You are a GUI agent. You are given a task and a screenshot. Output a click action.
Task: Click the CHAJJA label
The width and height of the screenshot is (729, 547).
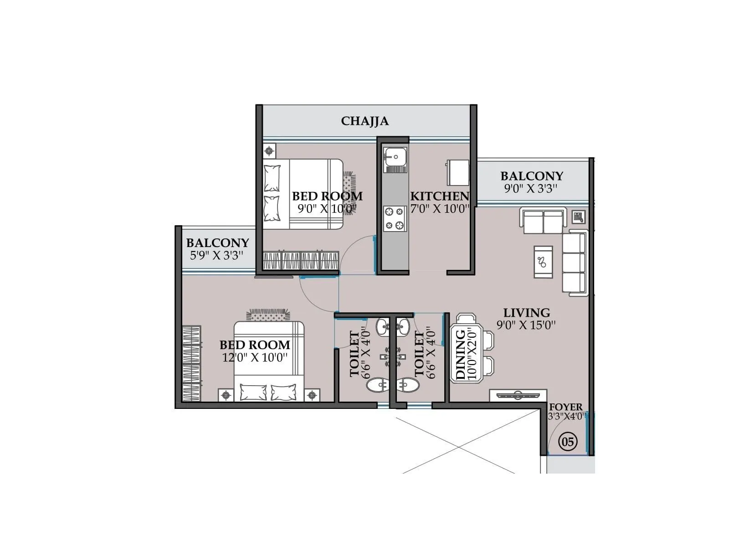pos(364,121)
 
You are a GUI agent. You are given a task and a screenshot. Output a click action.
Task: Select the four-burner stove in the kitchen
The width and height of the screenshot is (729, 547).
pos(395,219)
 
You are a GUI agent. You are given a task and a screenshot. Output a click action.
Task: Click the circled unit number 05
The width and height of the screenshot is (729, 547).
pos(568,441)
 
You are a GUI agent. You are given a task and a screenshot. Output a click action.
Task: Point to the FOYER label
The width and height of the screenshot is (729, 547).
pos(565,407)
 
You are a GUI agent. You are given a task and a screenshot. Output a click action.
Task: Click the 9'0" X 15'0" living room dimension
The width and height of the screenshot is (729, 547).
pos(526,325)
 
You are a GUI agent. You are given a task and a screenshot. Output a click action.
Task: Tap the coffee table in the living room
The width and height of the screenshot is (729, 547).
pos(543,262)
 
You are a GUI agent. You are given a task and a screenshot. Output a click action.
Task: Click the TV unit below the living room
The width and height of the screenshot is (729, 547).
pos(518,395)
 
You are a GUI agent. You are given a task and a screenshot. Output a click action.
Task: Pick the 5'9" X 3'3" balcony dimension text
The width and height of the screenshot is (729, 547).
pos(216,255)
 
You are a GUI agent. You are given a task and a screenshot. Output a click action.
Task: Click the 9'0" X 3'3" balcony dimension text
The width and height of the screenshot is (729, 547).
pos(531,189)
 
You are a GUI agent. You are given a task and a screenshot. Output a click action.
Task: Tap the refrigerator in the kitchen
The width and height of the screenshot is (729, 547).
pos(457,172)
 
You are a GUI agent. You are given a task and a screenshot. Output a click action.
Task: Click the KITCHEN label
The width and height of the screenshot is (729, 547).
pos(439,196)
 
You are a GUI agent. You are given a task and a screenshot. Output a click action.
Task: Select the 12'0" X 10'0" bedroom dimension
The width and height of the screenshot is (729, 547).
pos(255,357)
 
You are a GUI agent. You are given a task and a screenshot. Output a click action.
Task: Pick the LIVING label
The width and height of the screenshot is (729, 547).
pos(526,313)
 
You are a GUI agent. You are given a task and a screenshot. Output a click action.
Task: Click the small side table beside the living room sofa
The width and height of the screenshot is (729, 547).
pos(578,217)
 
